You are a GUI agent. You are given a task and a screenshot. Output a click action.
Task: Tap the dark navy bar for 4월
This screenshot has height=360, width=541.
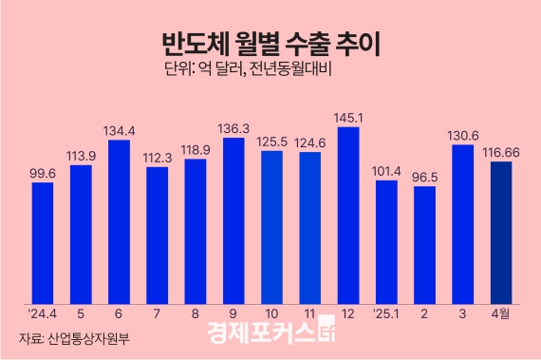click(x=501, y=234)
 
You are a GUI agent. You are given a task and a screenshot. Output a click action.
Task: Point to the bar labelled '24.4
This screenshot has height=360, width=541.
click(x=42, y=243)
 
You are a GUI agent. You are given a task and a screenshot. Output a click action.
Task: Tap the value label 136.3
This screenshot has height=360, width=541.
click(x=233, y=127)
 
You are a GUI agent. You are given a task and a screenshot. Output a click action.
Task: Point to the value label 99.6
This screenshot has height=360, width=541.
click(x=42, y=172)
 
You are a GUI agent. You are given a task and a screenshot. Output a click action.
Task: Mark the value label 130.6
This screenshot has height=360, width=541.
click(x=463, y=134)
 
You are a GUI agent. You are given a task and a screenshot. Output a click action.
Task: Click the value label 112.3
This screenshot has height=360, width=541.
click(x=157, y=157)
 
